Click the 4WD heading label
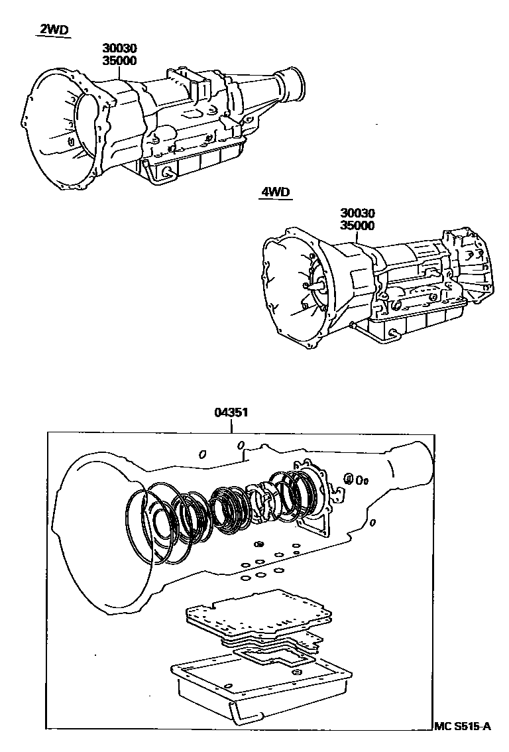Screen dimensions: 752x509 [274, 193]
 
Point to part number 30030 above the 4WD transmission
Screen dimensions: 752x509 [357, 214]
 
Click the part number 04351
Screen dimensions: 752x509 [231, 412]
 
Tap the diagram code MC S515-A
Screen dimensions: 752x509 [463, 727]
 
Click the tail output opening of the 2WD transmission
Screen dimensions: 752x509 [294, 82]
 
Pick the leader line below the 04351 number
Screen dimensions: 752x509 [231, 426]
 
